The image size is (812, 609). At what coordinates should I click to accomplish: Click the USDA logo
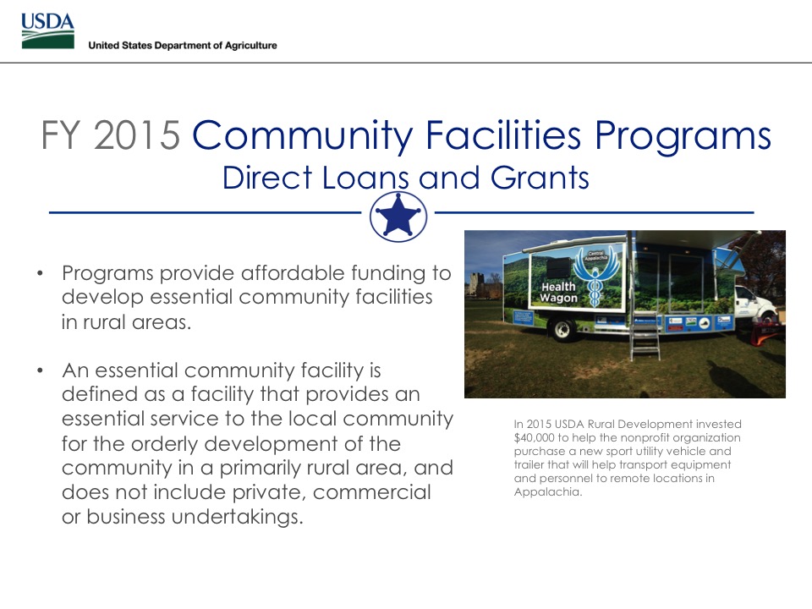(47, 31)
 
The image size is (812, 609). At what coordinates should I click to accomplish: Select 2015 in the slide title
(137, 135)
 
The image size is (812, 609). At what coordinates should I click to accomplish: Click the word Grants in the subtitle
(540, 178)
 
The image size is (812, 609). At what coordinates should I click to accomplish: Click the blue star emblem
(398, 217)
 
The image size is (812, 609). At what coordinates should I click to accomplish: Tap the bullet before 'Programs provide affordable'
(41, 273)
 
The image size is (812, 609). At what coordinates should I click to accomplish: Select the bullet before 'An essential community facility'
(41, 370)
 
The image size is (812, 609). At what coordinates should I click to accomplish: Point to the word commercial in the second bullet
(372, 492)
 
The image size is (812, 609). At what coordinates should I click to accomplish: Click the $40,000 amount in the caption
(534, 437)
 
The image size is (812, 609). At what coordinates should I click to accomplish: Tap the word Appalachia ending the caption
(548, 492)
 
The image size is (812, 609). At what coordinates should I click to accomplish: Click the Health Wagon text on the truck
(558, 292)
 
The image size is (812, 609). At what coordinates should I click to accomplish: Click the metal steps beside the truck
(645, 337)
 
